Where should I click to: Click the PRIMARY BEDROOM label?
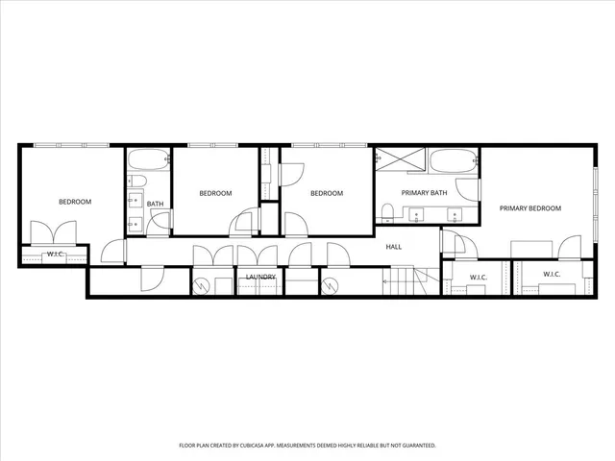tap(529, 208)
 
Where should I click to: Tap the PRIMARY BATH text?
tap(425, 193)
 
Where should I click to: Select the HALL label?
tap(394, 247)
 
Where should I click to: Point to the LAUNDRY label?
tap(260, 278)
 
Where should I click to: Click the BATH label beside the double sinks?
tap(155, 203)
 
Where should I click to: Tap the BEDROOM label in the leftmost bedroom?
tap(75, 202)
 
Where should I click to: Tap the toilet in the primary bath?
tap(387, 211)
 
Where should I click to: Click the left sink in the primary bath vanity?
tap(415, 214)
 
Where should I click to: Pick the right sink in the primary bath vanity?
tap(457, 214)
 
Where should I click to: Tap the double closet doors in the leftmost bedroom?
tap(54, 234)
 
